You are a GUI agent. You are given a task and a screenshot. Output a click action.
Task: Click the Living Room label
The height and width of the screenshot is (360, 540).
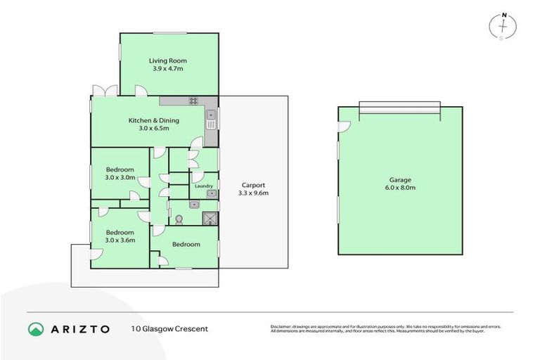[x=167, y=60]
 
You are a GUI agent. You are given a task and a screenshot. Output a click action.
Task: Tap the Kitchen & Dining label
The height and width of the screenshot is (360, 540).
[x=153, y=120]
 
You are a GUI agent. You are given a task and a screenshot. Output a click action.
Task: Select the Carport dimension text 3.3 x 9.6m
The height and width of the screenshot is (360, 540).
[x=253, y=193]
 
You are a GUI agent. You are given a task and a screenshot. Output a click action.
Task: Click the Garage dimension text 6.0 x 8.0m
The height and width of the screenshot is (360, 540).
[x=400, y=188]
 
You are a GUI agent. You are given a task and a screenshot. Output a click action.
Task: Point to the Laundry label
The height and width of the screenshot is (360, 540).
[x=204, y=186]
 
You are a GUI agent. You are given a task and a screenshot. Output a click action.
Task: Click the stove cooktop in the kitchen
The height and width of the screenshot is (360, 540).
[x=193, y=101]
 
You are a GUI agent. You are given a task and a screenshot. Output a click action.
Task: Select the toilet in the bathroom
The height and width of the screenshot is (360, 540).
[x=179, y=219]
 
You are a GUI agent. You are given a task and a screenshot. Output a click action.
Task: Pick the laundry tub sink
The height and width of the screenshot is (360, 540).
[x=210, y=193]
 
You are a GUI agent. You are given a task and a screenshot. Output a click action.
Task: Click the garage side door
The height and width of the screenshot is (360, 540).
[x=343, y=127]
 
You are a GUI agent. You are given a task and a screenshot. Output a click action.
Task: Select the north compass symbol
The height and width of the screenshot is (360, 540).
[x=503, y=25]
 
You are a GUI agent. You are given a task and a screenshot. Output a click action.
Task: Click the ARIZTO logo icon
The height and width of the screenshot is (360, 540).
[x=36, y=328]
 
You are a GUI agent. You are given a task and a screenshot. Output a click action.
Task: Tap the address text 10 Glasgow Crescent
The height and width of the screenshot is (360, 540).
[x=169, y=328]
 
